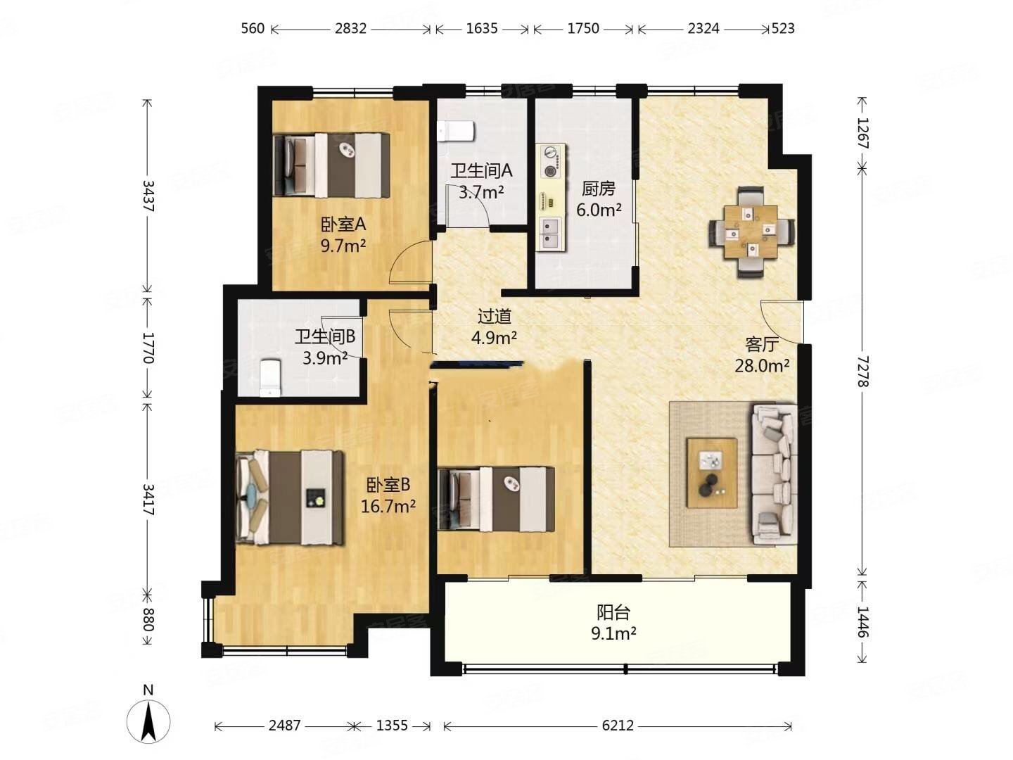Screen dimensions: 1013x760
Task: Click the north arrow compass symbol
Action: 148,721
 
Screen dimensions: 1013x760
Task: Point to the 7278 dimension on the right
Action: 862,371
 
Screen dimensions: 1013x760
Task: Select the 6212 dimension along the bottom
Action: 617,726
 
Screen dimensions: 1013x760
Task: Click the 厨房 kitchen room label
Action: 598,189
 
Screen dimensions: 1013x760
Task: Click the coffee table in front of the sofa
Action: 711,472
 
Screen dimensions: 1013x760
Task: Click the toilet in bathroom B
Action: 270,378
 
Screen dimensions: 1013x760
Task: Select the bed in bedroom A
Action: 331,165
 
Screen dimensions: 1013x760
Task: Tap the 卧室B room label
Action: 388,485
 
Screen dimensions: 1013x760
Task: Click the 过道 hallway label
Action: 495,317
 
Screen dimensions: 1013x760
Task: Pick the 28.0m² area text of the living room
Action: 762,366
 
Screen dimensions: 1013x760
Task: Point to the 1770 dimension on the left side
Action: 148,348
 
